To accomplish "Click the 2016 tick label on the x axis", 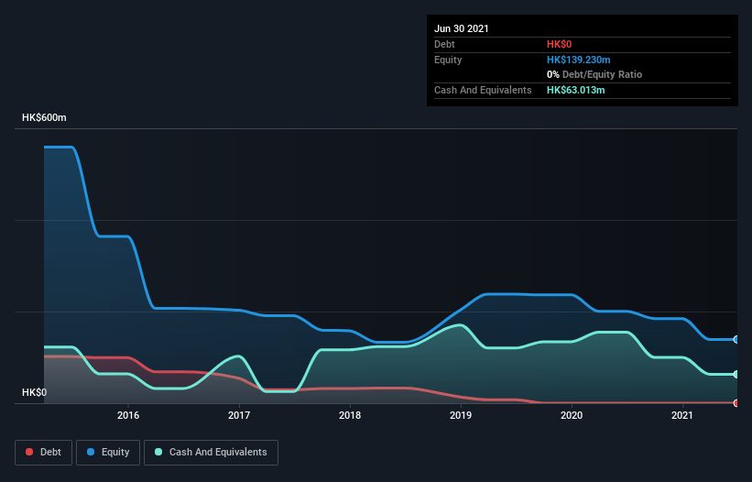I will pyautogui.click(x=128, y=415).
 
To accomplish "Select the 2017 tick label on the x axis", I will pyautogui.click(x=239, y=415).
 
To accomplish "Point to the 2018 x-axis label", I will pyautogui.click(x=350, y=415).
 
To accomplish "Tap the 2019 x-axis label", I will pyautogui.click(x=461, y=415).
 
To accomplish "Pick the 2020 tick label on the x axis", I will pyautogui.click(x=572, y=415).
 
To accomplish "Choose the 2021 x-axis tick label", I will pyautogui.click(x=682, y=415).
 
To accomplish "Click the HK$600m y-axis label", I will pyautogui.click(x=45, y=118).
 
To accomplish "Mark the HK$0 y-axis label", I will pyautogui.click(x=34, y=392).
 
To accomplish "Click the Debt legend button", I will pyautogui.click(x=44, y=452).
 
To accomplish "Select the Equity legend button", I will pyautogui.click(x=108, y=452).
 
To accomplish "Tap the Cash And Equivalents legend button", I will pyautogui.click(x=211, y=452).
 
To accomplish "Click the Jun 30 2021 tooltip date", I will pyautogui.click(x=462, y=28).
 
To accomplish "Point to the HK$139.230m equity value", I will pyautogui.click(x=578, y=60).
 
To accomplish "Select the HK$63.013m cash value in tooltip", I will pyautogui.click(x=575, y=90).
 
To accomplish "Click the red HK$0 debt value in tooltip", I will pyautogui.click(x=560, y=44).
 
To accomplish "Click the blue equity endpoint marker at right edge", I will pyautogui.click(x=736, y=339).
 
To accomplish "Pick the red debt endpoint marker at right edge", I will pyautogui.click(x=736, y=402).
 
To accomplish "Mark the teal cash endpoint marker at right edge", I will pyautogui.click(x=736, y=374).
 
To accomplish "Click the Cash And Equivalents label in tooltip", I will pyautogui.click(x=483, y=90).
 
